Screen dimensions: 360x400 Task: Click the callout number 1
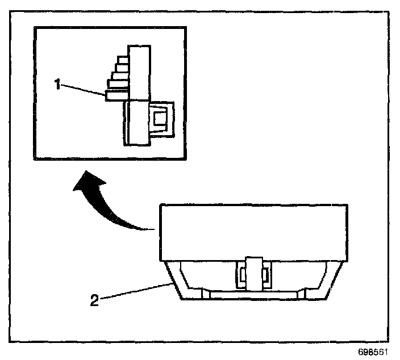pos(57,84)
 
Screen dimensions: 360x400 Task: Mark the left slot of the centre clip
pos(242,276)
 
